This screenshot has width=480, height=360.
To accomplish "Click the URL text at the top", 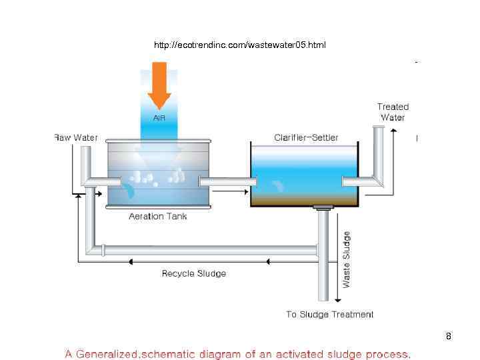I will point(240,45).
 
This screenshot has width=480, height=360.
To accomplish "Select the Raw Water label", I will point(75,138).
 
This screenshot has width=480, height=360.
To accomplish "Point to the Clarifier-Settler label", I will point(306,138).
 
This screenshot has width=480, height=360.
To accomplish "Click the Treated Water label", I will point(393,112).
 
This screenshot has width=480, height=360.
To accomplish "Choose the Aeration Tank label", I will point(158,216).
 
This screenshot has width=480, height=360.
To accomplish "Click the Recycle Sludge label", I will point(194,273).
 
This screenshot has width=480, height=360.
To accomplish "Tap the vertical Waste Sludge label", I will point(346,259).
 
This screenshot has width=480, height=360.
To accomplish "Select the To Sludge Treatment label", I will point(330,314).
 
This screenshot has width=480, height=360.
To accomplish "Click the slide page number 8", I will point(449,336).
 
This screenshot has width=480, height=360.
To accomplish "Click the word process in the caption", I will point(384,353).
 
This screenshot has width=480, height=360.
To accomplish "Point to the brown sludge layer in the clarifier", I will point(304,199).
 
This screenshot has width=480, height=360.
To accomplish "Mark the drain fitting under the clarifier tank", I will point(323,208).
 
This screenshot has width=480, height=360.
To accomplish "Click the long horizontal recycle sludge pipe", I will point(207,251).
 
